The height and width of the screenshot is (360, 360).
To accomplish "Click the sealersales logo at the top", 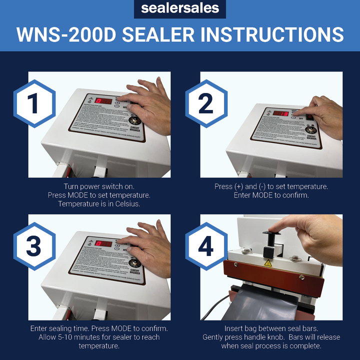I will click(180, 8).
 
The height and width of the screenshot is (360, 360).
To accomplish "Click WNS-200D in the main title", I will click(67, 34).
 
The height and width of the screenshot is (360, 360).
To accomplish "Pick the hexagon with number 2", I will click(206, 103).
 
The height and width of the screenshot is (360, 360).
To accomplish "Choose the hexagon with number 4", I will click(206, 247).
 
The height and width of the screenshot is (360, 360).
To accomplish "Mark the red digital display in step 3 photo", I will click(103, 243).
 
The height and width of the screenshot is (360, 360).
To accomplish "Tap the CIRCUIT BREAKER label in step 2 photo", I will click(310, 137).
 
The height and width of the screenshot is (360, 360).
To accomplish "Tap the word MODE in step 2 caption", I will click(262, 195).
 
